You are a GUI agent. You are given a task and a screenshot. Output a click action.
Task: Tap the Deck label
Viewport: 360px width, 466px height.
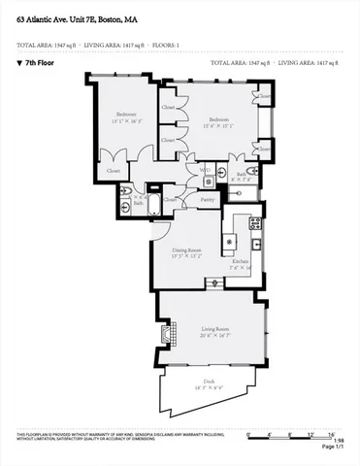[208, 382]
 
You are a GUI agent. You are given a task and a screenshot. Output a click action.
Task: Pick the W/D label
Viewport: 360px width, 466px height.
[205, 170]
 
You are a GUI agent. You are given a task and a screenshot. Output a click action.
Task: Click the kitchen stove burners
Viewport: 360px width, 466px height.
[255, 222]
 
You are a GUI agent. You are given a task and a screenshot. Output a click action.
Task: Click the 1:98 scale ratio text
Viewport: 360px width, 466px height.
[338, 441]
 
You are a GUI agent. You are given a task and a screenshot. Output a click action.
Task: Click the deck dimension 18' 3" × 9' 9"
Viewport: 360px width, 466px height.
[208, 388]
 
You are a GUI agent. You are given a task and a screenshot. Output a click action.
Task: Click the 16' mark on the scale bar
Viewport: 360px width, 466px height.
[331, 434]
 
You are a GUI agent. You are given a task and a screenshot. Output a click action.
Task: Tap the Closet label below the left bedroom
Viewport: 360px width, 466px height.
[115, 171]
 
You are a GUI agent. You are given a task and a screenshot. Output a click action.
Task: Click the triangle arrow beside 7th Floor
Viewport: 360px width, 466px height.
[19, 63]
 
